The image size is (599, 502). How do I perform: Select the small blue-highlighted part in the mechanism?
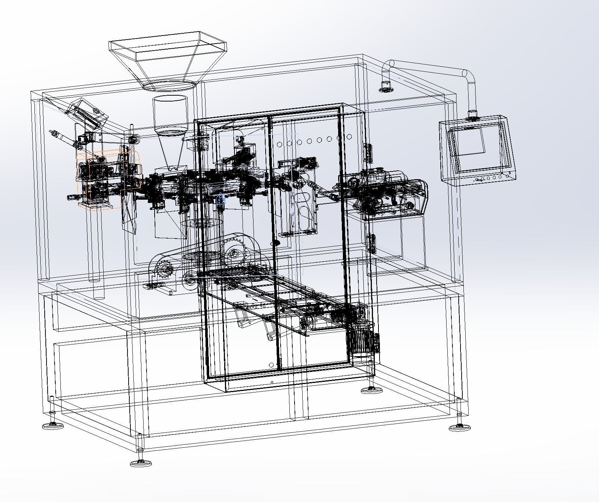tap(221, 199)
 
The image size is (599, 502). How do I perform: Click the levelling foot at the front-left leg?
tap(141, 462)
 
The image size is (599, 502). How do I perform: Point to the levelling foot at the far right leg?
tap(459, 426)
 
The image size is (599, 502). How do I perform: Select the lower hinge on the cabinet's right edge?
tap(372, 243)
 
